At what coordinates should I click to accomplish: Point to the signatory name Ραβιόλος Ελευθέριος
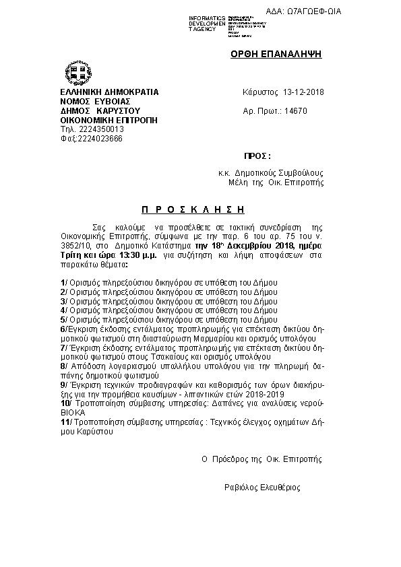[x=263, y=488]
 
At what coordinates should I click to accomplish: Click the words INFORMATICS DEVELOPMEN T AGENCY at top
[x=207, y=24]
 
